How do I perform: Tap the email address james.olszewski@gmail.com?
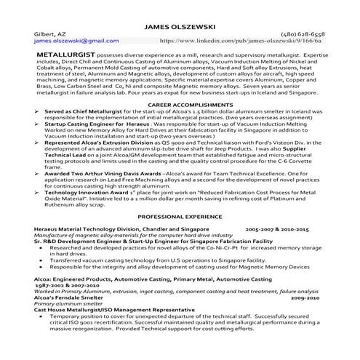(x=70, y=42)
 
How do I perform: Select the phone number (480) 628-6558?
(x=300, y=34)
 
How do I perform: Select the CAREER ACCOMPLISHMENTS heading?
(x=180, y=105)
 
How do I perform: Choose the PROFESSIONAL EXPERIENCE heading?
(x=180, y=217)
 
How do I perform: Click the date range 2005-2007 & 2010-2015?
(x=277, y=229)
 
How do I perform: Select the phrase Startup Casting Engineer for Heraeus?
(x=92, y=125)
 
